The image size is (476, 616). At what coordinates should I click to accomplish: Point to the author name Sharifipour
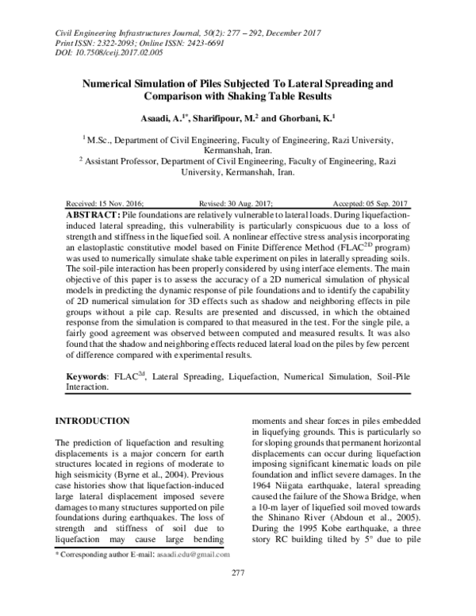tap(237, 117)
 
